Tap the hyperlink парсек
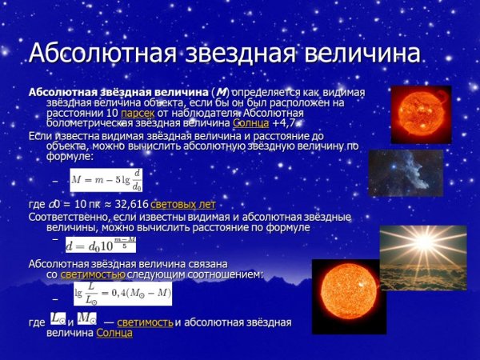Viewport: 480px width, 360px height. [138, 114]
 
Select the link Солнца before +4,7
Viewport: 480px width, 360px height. [250, 124]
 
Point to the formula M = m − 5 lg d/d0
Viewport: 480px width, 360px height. [106, 180]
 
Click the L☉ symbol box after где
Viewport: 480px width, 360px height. [57, 319]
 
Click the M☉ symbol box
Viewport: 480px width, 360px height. [87, 319]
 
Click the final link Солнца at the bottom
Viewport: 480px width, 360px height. [114, 333]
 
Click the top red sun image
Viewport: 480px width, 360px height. [421, 114]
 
